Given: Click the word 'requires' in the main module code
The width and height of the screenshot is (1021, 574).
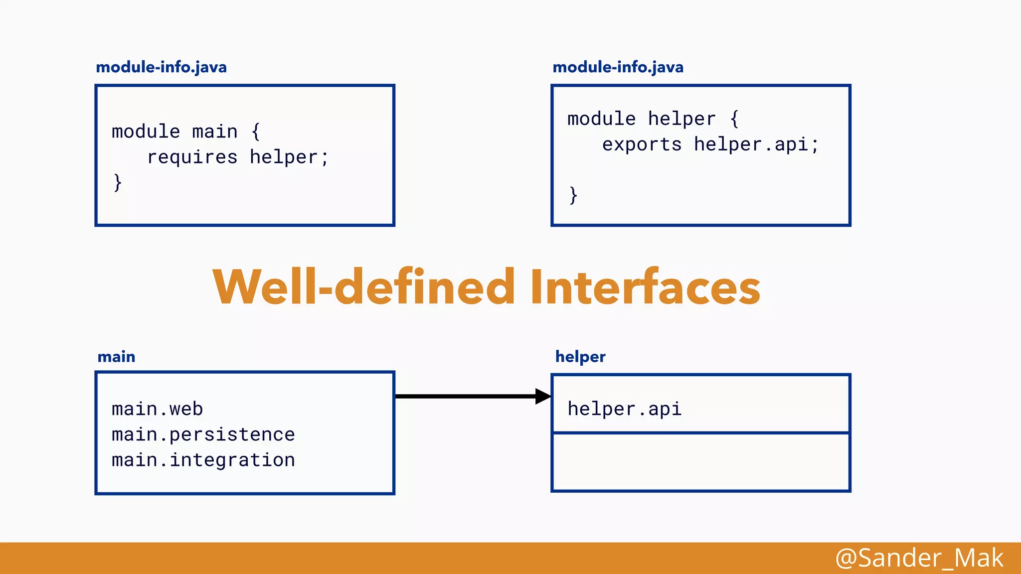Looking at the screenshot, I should coord(192,157).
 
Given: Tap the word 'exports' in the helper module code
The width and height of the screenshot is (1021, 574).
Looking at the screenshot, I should coord(642,145).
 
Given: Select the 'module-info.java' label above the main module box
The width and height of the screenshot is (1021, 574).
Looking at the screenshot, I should coord(161,67).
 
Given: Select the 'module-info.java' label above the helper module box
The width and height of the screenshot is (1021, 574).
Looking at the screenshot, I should coord(618,67).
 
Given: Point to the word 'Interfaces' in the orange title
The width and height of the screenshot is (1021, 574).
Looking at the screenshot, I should coord(645,287).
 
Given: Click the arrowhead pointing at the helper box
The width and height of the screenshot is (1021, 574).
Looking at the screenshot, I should coord(543,397).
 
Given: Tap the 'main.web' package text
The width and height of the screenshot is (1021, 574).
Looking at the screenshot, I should coord(157,409).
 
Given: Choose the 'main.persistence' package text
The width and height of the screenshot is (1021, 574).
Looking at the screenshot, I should coord(203,434).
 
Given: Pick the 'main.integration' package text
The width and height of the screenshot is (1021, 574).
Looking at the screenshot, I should coord(203,460).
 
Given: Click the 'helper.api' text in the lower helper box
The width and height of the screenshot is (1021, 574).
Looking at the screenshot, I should coord(624,409).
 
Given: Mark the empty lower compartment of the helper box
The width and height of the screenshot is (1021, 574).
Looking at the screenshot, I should coord(700,462).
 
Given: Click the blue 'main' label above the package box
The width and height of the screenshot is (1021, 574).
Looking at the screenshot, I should coord(116,357).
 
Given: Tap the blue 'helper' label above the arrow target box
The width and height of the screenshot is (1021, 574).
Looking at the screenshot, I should coord(580,357).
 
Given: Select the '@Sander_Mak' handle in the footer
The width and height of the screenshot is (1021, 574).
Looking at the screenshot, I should coord(919,558).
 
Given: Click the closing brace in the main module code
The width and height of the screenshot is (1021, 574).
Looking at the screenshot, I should coord(118,182).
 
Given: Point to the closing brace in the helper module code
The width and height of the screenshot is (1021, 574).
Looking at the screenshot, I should coord(573,195).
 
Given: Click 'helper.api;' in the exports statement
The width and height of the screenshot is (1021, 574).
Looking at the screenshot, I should coord(756,145).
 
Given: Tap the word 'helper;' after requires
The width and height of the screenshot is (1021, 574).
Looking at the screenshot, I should coord(289,157).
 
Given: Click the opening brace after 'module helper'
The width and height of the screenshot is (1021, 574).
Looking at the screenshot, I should coord(734,119).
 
